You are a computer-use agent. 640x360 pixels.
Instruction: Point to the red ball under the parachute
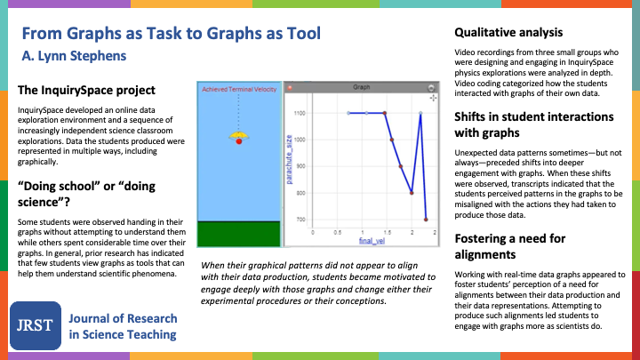pos(238,141)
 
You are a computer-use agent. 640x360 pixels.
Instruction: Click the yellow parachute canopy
pos(238,134)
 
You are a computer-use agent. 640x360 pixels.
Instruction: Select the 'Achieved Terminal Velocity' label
pos(238,90)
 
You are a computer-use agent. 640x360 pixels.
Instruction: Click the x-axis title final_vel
pos(371,241)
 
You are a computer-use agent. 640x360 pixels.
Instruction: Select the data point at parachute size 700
pos(426,219)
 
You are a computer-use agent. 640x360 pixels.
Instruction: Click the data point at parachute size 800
pos(411,192)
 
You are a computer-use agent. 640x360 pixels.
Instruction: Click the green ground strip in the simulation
pos(238,235)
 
